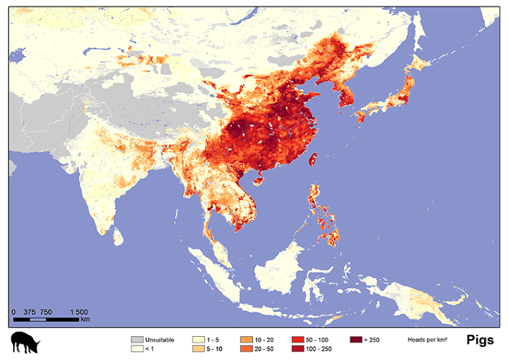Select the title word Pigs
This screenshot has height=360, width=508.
pos(480,340)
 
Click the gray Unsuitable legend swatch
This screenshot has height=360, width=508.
pos(137,338)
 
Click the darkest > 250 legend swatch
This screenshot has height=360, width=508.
pos(355,338)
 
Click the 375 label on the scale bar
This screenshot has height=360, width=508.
pos(30,311)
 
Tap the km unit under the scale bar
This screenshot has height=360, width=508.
pos(85,319)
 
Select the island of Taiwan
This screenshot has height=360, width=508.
pos(313,158)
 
